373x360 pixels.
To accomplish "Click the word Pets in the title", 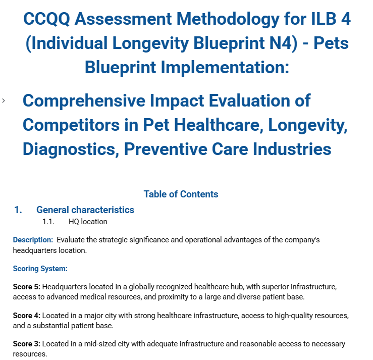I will (331, 43).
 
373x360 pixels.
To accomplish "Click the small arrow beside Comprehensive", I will (4, 101).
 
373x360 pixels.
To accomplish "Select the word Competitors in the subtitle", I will (71, 125).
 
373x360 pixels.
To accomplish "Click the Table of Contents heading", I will (181, 194).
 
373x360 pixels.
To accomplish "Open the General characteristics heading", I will (85, 210).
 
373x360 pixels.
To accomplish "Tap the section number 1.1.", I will (48, 222).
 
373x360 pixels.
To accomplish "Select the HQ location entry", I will (88, 222).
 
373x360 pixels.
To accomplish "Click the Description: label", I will (33, 240).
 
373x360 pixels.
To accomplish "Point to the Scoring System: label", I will (40, 269).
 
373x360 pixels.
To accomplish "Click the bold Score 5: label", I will (27, 287).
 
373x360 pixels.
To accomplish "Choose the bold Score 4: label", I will (27, 316).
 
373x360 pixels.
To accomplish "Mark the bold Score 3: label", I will (27, 344).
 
